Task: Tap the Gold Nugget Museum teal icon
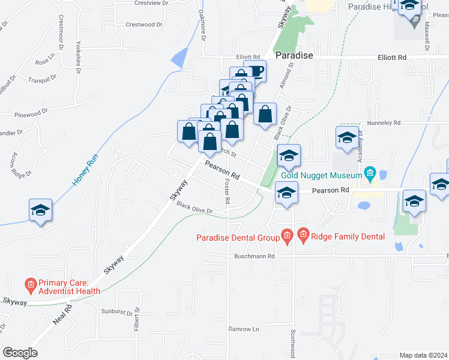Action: click(370, 175)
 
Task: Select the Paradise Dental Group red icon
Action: click(287, 237)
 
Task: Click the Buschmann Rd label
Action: click(255, 256)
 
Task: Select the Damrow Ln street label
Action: click(243, 329)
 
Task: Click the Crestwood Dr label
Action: click(144, 25)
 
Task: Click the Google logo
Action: click(20, 353)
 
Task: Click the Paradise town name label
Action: click(294, 55)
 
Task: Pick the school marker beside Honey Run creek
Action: click(40, 211)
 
